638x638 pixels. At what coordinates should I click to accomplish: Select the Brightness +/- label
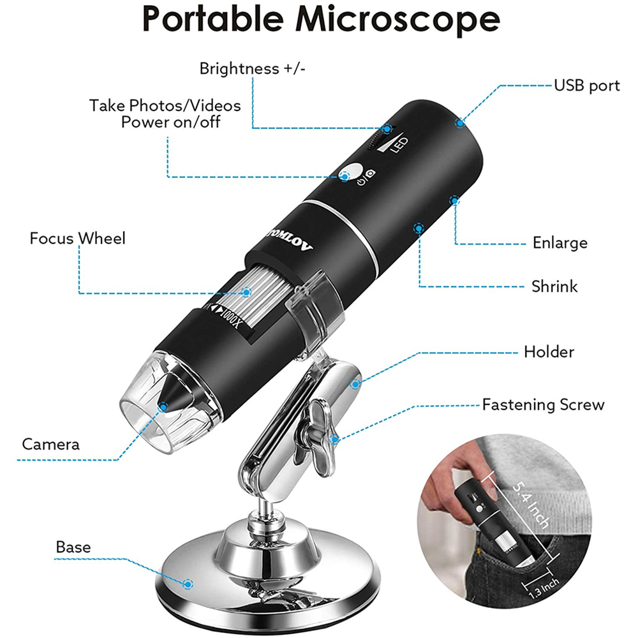coord(253,69)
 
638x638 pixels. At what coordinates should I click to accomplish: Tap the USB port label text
coord(586,85)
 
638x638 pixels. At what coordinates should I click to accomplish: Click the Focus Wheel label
coord(78,239)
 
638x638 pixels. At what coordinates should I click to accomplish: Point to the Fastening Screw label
coord(543,404)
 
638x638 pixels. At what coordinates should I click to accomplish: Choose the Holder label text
coord(549,352)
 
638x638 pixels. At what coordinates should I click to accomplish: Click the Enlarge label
coord(560,243)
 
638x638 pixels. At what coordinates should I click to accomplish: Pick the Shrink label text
coord(554,286)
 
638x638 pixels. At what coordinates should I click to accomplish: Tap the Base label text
coord(73,547)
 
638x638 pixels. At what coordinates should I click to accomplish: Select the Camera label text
coord(51,444)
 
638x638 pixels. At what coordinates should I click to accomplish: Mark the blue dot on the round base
coord(188,584)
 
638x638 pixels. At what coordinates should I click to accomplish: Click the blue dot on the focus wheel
coord(246,292)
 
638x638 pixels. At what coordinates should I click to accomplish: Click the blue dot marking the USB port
coord(459,122)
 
